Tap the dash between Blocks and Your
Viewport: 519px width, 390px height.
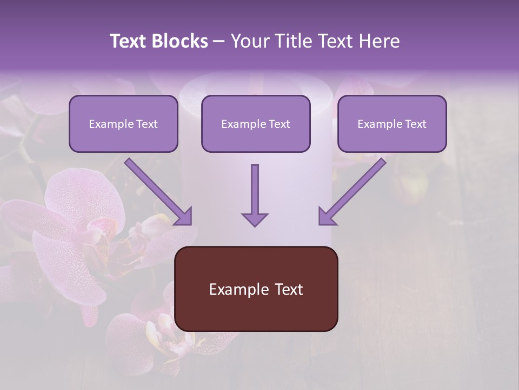(x=218, y=42)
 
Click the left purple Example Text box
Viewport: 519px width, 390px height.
(x=123, y=123)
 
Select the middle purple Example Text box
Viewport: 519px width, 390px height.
(x=256, y=123)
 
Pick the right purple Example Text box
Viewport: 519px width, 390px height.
(x=392, y=123)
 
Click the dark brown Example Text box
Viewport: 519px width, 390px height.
(x=256, y=289)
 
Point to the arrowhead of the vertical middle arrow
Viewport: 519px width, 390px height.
(x=255, y=219)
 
